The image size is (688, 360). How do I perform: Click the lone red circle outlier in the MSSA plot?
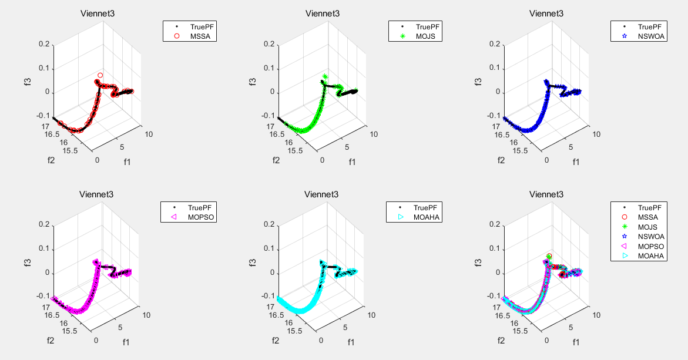click(100, 75)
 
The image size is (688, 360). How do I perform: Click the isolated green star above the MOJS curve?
click(325, 76)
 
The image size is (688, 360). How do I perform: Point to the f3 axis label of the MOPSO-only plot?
click(27, 261)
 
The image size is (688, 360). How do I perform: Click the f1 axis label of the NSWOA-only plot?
click(576, 162)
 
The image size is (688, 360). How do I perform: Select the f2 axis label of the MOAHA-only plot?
click(275, 340)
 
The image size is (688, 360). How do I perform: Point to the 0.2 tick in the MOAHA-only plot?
click(269, 224)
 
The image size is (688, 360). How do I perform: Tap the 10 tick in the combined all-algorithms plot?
click(598, 315)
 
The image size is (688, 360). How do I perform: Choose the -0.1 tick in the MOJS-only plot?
click(268, 116)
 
